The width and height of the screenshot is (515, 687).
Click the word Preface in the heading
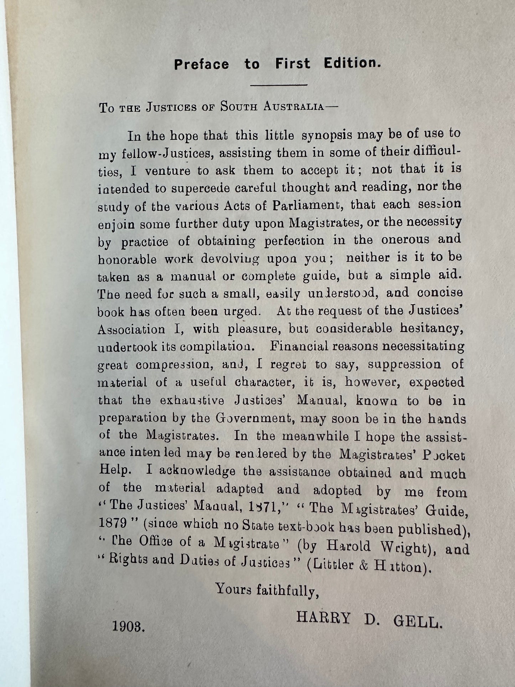[201, 65]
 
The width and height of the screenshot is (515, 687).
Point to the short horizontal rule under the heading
[279, 85]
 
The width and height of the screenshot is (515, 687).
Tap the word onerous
[405, 240]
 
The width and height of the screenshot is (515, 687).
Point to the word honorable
[127, 259]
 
